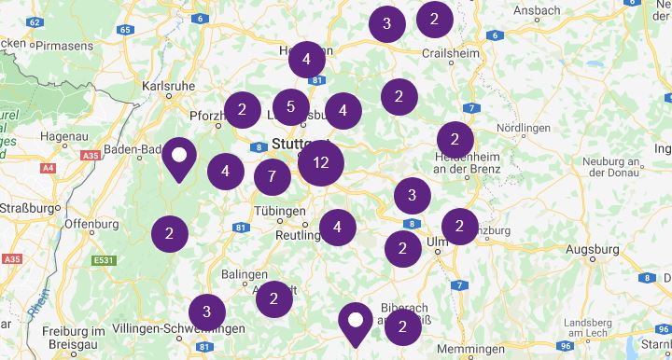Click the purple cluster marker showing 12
[321, 163]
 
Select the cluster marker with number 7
[272, 176]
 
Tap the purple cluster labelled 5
[291, 107]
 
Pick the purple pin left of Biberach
[355, 322]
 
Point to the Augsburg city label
[592, 250]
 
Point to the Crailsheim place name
[452, 53]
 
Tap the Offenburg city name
[91, 225]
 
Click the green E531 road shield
[103, 260]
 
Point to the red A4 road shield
[48, 168]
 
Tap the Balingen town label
[245, 274]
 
